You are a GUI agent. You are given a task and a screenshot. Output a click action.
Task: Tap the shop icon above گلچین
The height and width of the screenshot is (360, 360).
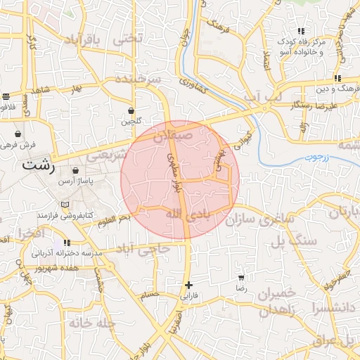click(131, 110)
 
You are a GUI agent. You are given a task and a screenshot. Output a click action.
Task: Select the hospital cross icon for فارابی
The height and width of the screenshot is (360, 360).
click(188, 285)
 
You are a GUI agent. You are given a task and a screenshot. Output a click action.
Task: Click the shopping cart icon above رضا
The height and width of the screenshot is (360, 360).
click(241, 278)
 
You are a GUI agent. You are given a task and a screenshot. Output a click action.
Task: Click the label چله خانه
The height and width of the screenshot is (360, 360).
click(91, 323)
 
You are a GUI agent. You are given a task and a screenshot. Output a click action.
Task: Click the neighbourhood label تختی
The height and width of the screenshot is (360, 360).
click(129, 38)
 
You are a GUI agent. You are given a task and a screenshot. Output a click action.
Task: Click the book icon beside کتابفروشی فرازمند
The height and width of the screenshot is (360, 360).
click(65, 204)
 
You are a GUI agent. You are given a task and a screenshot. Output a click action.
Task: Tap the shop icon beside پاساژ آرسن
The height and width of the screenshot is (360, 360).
click(75, 170)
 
